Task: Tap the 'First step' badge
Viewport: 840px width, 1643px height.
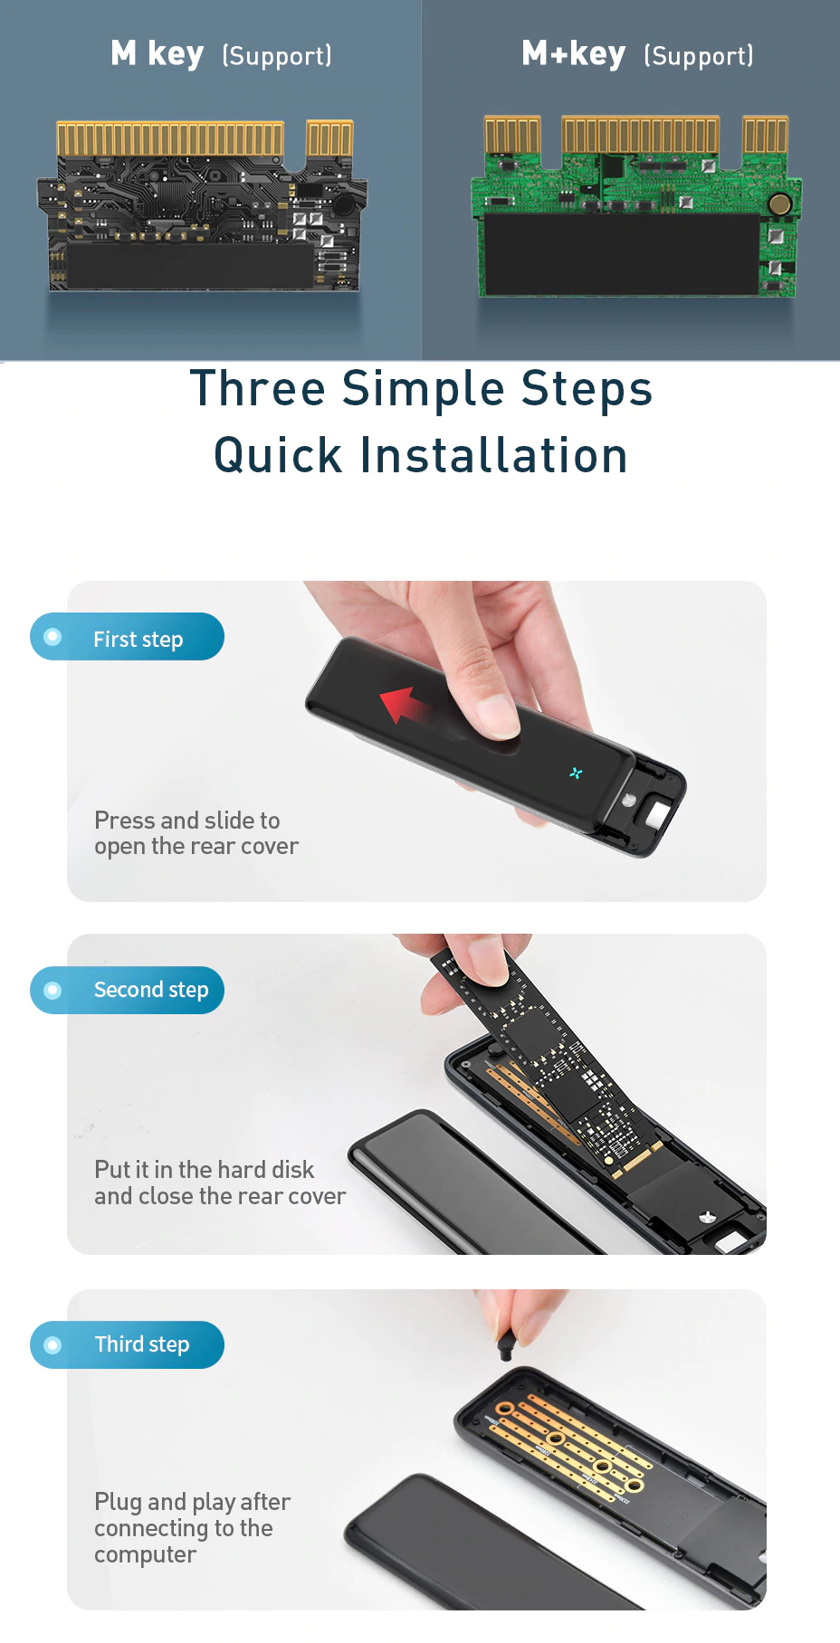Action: click(x=127, y=637)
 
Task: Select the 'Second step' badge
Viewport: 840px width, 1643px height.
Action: click(x=127, y=990)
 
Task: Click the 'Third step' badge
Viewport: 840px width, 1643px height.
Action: click(x=127, y=1344)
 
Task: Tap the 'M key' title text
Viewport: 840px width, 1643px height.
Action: click(x=157, y=53)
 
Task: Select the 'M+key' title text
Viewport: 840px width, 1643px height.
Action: click(x=574, y=53)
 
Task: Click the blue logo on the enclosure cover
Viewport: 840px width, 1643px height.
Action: click(x=576, y=773)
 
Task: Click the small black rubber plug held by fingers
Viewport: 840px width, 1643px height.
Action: click(x=505, y=1342)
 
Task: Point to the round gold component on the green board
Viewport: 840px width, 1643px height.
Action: click(x=779, y=204)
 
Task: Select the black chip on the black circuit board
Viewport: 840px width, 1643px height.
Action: click(x=190, y=265)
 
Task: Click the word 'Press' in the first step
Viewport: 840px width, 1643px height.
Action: click(x=125, y=821)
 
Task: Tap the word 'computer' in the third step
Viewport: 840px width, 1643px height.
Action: click(x=145, y=1555)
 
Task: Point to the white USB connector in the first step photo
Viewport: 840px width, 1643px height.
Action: click(x=657, y=814)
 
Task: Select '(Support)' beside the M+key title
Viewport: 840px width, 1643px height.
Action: click(x=699, y=56)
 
